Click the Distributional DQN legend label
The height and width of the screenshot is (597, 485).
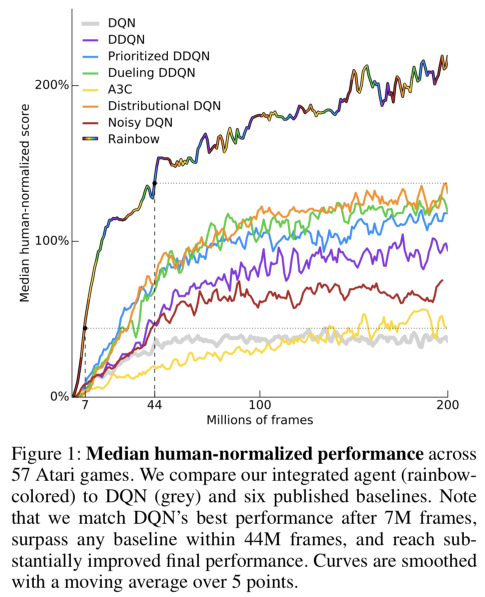point(164,105)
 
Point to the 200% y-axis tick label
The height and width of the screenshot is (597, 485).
point(51,84)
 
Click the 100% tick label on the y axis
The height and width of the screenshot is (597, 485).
point(51,240)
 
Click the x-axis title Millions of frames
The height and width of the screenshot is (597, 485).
point(260,419)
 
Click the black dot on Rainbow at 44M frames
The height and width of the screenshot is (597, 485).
point(154,183)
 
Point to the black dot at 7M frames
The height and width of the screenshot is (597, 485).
point(85,328)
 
